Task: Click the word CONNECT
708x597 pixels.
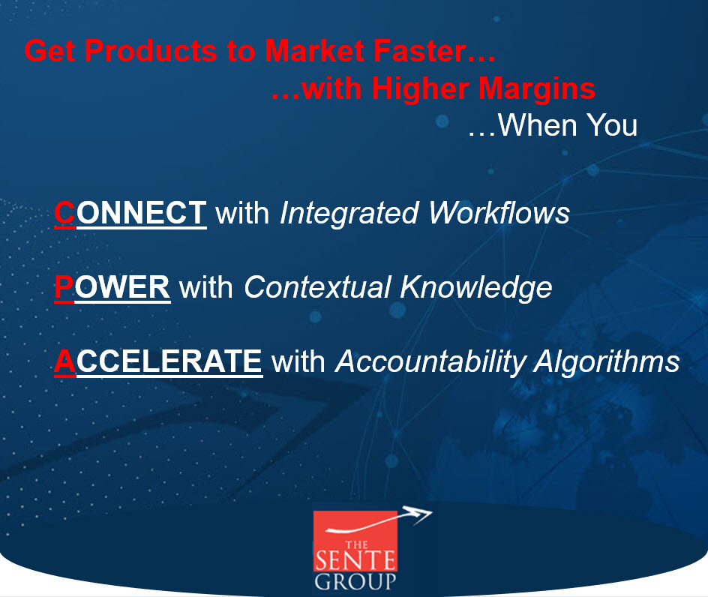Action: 130,213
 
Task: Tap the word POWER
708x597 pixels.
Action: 112,286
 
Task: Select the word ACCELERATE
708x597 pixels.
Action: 158,361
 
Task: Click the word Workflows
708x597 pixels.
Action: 499,213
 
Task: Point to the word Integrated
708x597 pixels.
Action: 349,214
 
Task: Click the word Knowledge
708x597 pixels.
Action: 476,288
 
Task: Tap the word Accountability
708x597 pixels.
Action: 430,362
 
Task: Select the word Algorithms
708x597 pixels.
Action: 607,362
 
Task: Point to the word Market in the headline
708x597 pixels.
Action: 315,50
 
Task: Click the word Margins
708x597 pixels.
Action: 537,89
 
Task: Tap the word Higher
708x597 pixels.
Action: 421,89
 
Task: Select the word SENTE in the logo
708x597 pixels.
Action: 355,560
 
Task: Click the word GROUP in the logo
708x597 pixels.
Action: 355,582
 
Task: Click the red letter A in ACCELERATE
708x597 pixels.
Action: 65,361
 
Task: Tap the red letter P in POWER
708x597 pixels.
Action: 64,286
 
